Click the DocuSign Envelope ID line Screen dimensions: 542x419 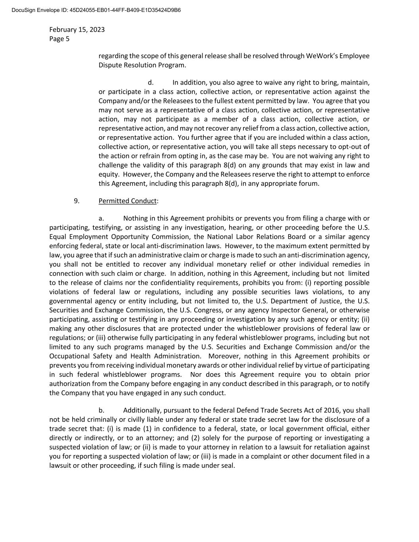(x=96, y=10)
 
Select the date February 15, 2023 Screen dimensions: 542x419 (x=77, y=29)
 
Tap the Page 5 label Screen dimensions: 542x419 (x=59, y=39)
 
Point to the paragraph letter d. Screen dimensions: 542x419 (x=151, y=83)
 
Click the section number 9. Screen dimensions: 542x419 (x=76, y=201)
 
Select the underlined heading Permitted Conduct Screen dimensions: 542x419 (x=127, y=201)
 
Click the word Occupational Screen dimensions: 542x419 (x=69, y=356)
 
